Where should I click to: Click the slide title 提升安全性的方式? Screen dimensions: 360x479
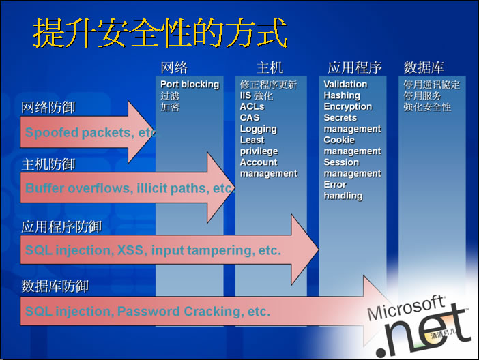160,33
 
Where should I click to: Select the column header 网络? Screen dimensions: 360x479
174,67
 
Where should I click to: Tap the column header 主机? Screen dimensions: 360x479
270,67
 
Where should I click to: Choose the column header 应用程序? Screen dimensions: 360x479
354,67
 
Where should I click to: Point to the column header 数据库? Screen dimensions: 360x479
424,67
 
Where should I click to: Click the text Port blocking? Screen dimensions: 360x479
190,85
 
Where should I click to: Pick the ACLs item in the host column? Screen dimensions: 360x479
252,107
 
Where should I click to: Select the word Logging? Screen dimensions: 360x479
258,129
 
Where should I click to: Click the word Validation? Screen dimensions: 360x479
345,85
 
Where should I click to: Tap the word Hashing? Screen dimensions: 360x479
342,95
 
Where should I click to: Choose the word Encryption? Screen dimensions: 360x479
347,107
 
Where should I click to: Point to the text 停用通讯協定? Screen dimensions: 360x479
431,85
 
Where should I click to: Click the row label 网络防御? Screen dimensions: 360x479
48,108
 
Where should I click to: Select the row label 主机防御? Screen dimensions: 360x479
48,165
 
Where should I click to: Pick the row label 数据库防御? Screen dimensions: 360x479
55,286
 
